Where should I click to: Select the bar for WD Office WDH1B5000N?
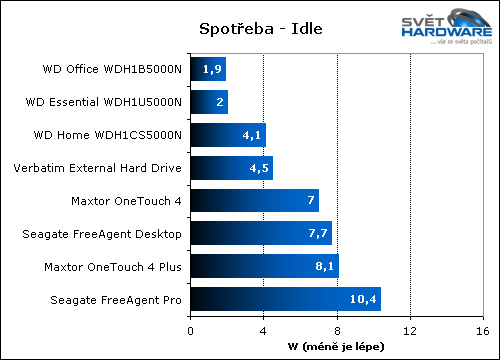click(x=207, y=69)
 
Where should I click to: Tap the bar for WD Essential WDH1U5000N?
click(x=208, y=102)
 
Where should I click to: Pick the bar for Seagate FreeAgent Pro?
click(x=285, y=299)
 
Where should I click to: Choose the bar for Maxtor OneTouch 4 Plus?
click(x=264, y=266)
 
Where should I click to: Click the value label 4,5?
click(x=259, y=168)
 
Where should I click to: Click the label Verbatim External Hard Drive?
click(x=96, y=168)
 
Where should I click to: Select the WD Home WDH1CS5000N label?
click(x=112, y=135)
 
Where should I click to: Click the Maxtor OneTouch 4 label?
click(x=127, y=201)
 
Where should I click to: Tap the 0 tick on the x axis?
click(x=189, y=325)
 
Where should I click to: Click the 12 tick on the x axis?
click(x=411, y=325)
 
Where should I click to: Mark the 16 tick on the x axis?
click(x=484, y=325)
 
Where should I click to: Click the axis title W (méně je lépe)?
click(x=336, y=341)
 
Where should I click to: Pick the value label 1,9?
click(x=212, y=69)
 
